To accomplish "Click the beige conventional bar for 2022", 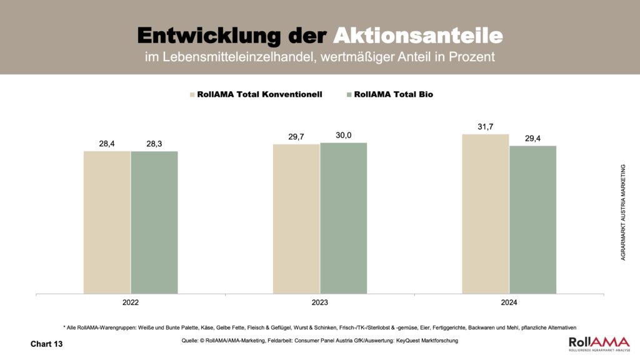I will [107, 222].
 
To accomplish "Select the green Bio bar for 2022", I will [154, 222].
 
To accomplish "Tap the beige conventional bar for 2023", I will [296, 219].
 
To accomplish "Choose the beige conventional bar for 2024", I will [485, 214].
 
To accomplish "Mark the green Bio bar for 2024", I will [532, 219].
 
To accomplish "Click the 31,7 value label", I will [485, 126].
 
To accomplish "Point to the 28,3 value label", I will [154, 144].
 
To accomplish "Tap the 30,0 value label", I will [343, 135].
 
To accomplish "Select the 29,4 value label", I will [532, 138].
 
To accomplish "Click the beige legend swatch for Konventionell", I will [192, 95].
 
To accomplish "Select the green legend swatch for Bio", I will [349, 95].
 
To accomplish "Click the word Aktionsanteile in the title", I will [417, 35].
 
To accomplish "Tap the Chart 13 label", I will [47, 344].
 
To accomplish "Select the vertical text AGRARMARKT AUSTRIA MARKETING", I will [623, 212].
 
